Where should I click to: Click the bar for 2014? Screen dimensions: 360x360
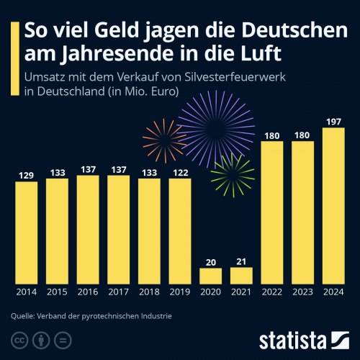tap(26, 232)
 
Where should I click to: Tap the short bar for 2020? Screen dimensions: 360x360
tap(211, 275)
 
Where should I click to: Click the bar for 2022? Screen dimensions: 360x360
tap(272, 212)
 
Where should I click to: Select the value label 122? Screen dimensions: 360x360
tap(180, 173)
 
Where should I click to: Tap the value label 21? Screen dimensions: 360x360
tap(242, 261)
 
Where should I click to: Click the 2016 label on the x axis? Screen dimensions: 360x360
tap(88, 293)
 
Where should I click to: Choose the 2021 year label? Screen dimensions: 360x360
tap(242, 293)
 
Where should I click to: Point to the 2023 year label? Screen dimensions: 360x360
tap(303, 293)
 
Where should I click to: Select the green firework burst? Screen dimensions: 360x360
tap(230, 174)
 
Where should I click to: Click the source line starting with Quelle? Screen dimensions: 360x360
tap(91, 315)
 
